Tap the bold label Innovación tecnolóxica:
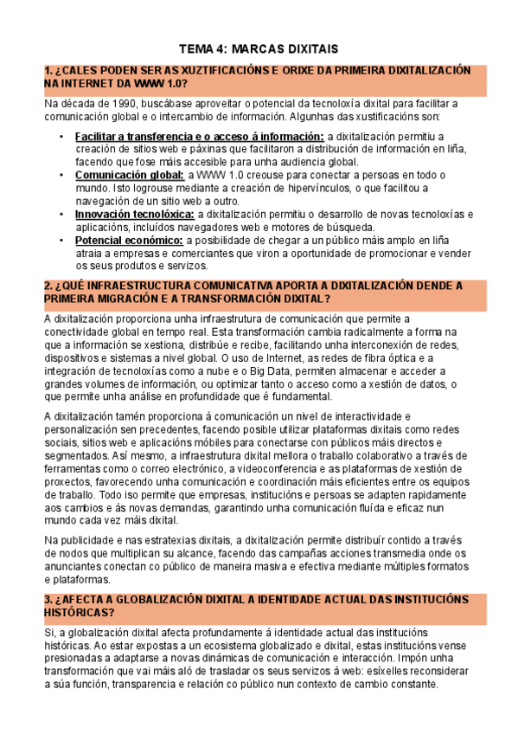point(134,214)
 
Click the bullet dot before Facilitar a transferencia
point(61,137)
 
